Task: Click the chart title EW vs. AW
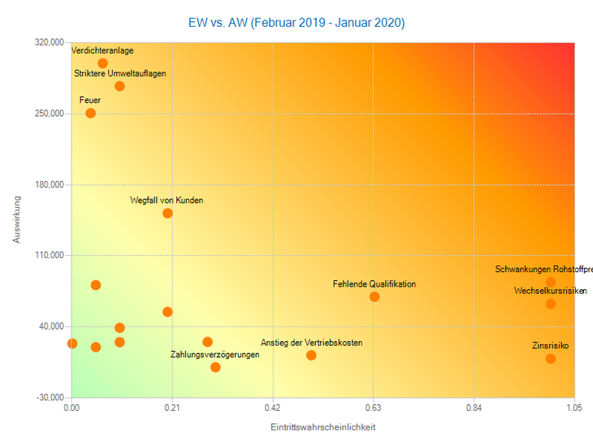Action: coord(296,22)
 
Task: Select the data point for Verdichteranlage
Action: coord(102,63)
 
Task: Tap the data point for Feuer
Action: coord(90,113)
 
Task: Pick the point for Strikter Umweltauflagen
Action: coord(119,86)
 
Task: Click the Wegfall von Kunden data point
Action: coord(167,214)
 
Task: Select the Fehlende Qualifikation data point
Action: coord(374,296)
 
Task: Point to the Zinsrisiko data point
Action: coord(551,358)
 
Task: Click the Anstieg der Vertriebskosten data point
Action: coord(311,355)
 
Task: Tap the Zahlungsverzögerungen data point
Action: coord(215,367)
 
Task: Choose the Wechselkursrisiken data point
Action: coord(551,304)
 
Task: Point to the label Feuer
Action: coord(90,100)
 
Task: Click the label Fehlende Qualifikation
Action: coord(374,284)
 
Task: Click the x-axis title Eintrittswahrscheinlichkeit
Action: coord(322,426)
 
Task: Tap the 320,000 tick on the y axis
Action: coord(50,42)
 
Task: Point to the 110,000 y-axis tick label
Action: coord(50,255)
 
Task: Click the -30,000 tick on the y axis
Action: coord(50,397)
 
